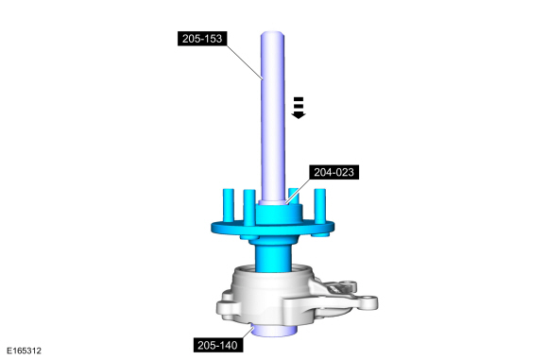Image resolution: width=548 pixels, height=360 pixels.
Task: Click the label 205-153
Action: [202, 38]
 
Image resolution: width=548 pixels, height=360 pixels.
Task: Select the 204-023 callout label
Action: [334, 172]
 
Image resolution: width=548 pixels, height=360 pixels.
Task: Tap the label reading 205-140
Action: [217, 345]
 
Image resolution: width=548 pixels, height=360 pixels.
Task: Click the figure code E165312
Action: [24, 351]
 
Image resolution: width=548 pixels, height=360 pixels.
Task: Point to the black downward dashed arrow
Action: [299, 108]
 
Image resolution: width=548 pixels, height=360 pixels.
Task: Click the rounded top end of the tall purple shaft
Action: [272, 35]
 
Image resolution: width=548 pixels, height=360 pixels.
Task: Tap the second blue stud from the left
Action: [249, 207]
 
